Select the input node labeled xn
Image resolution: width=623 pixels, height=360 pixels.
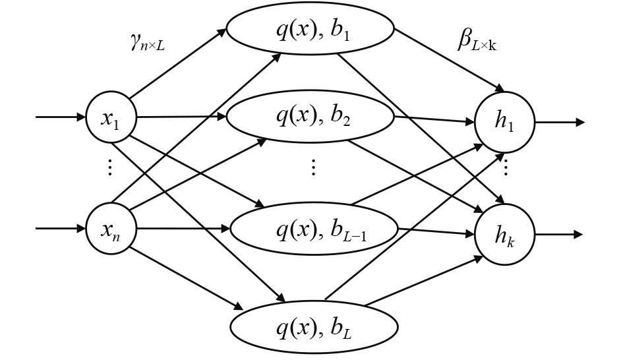[111, 229]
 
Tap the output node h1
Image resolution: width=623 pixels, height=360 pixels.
[505, 123]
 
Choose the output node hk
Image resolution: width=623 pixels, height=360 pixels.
[505, 235]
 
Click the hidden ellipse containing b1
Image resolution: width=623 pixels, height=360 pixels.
[310, 30]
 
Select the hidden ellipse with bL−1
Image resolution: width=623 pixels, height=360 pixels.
[314, 229]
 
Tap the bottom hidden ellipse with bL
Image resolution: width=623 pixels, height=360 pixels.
[314, 326]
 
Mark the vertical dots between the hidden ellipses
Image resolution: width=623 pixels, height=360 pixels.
[314, 167]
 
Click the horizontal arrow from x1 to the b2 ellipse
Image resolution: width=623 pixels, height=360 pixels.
[181, 117]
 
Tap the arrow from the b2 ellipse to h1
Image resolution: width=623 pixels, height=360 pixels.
[435, 119]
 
